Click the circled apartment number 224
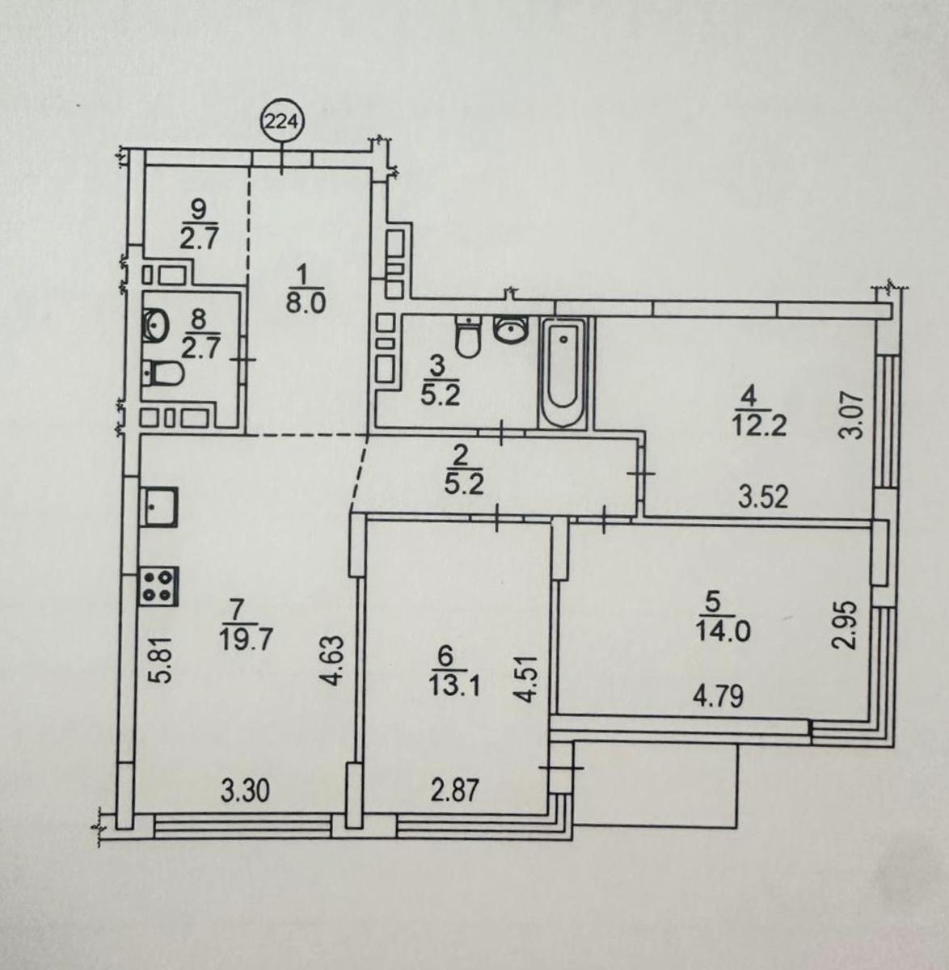283,121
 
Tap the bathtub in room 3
563,373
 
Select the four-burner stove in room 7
159,586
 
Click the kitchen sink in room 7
159,507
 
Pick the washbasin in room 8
155,325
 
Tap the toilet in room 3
468,336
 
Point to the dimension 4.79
719,696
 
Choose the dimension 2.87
454,791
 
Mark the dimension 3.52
763,497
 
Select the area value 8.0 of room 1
306,302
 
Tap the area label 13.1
454,689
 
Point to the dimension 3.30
245,791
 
